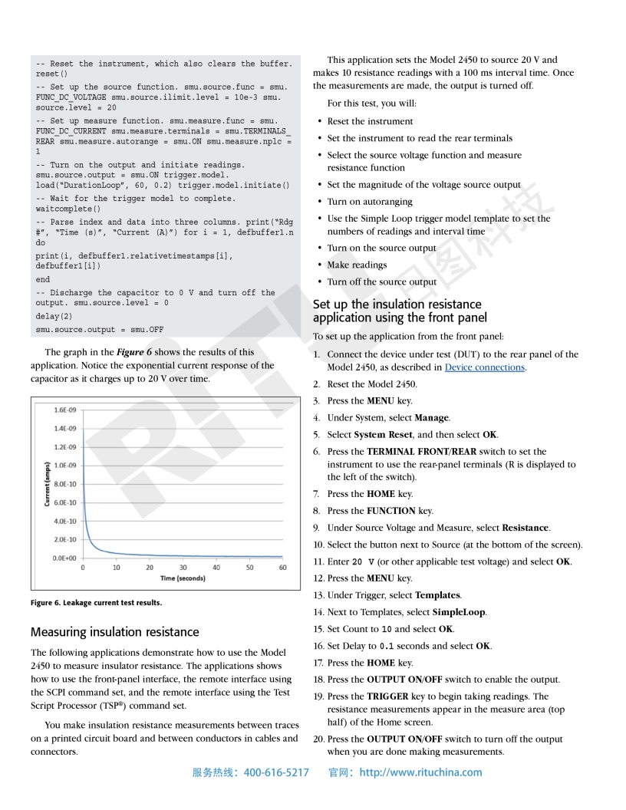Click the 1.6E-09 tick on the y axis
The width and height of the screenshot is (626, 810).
[64, 410]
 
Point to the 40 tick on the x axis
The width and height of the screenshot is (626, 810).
[216, 568]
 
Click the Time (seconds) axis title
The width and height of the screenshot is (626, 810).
[183, 578]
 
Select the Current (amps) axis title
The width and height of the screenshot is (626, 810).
[48, 484]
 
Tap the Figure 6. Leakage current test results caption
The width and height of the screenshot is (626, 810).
[96, 603]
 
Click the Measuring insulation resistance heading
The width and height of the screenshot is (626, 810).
[114, 632]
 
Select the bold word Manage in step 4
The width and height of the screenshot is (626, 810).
[432, 418]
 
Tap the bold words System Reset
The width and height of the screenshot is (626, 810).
[381, 435]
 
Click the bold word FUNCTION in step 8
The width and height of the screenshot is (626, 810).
[391, 511]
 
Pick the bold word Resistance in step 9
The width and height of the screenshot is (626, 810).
[526, 528]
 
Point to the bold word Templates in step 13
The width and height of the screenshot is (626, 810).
[438, 595]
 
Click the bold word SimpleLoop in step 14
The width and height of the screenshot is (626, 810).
[459, 612]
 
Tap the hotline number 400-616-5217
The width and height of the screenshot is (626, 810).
[276, 772]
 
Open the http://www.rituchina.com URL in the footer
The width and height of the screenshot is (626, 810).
[420, 772]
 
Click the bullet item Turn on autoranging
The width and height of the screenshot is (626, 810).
[370, 202]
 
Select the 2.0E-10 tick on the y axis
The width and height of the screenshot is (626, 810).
[64, 540]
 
